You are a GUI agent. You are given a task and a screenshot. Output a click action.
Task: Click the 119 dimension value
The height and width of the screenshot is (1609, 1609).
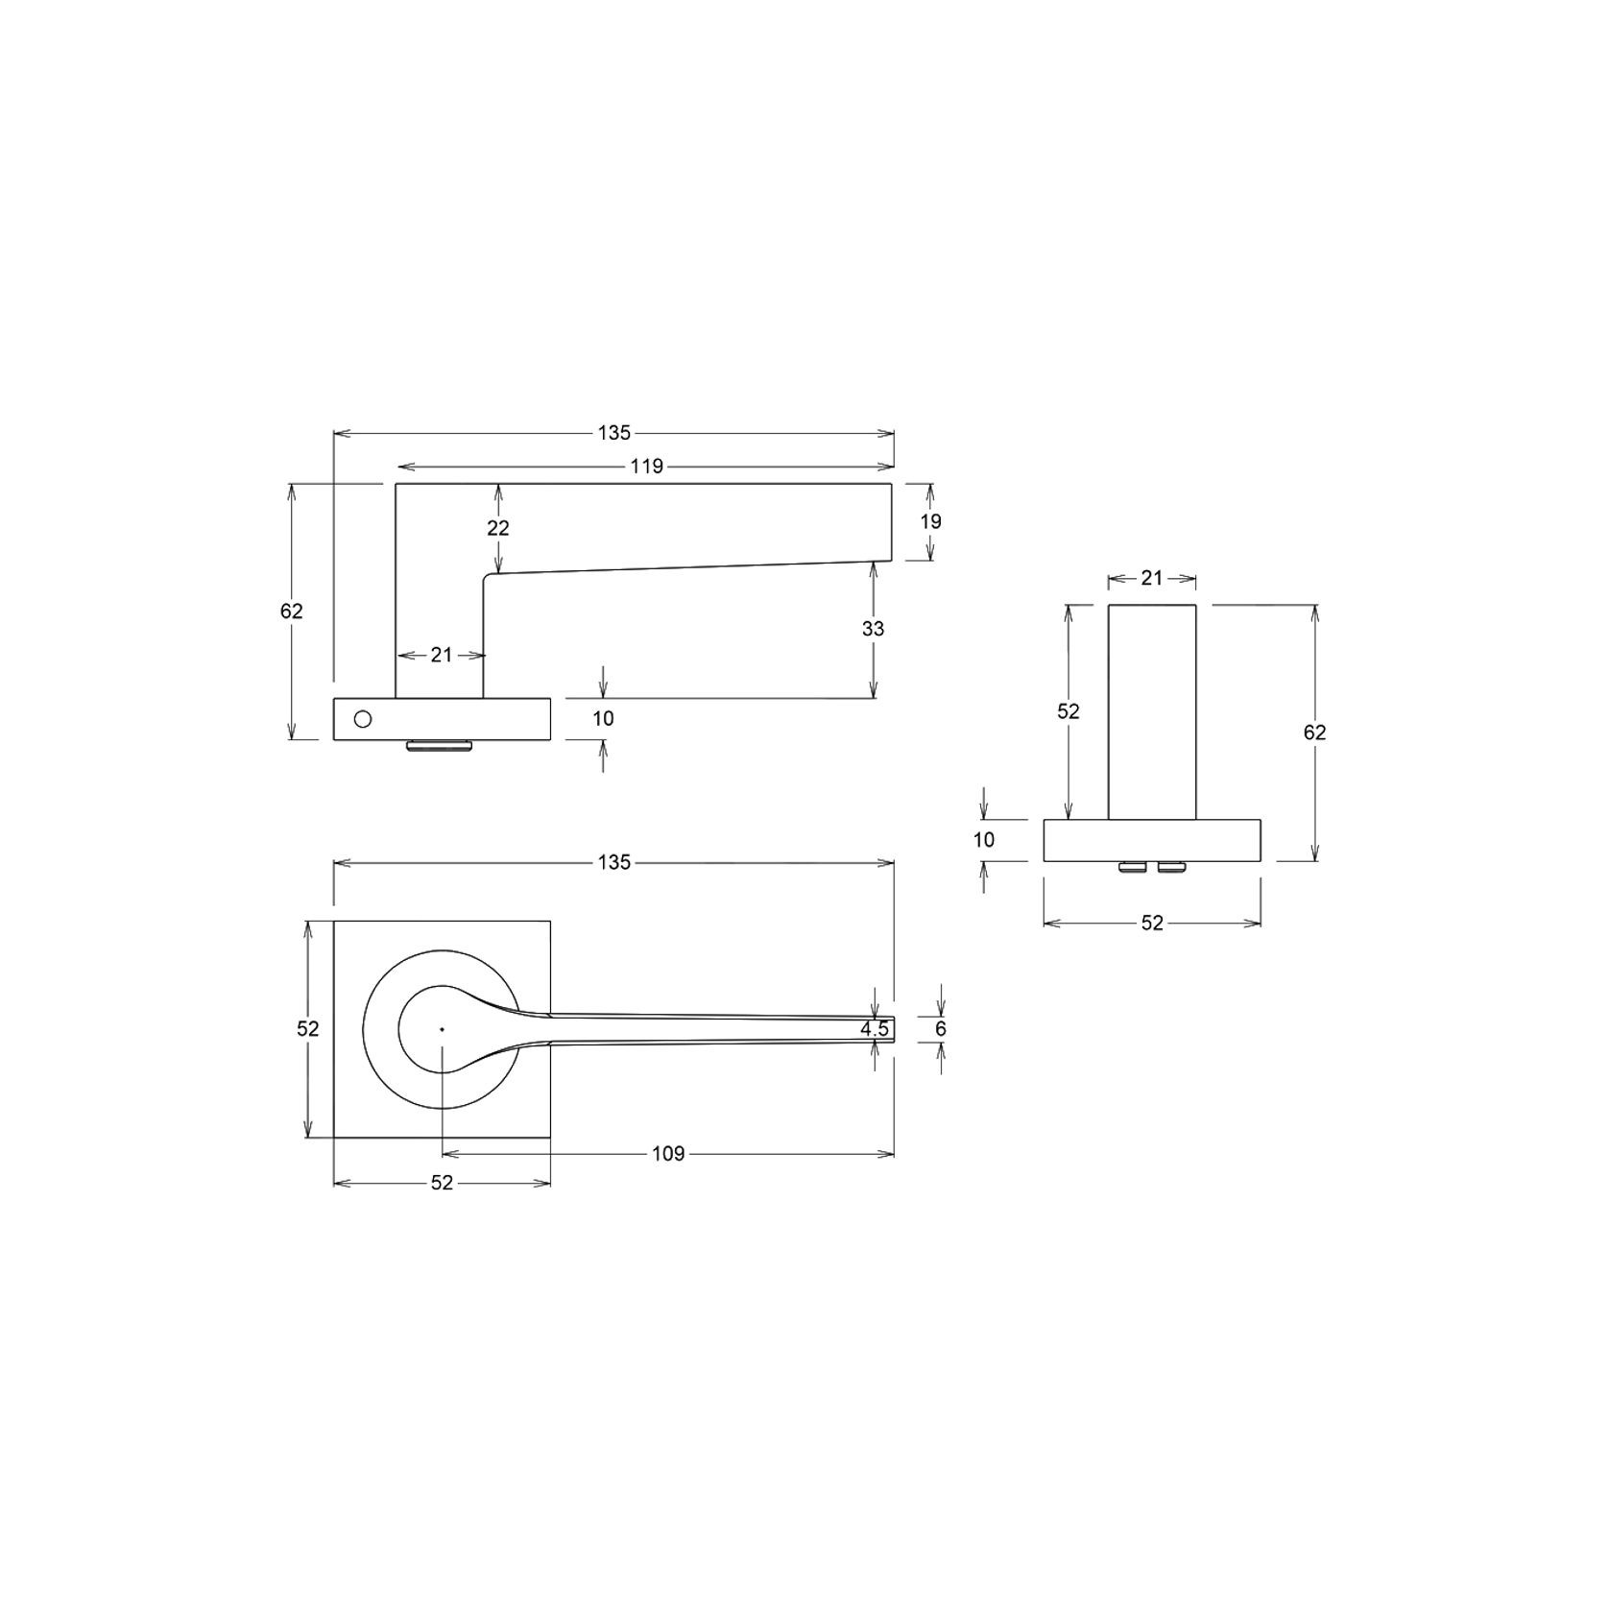pos(647,467)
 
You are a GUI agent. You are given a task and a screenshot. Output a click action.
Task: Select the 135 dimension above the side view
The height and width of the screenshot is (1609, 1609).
pos(613,433)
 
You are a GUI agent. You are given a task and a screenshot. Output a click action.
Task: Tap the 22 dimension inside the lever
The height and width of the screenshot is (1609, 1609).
pos(497,528)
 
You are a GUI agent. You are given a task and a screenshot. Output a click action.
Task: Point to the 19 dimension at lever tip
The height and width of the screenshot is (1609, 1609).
pos(930,521)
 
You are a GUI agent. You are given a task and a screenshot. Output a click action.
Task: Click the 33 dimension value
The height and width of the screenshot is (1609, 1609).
pos(873,629)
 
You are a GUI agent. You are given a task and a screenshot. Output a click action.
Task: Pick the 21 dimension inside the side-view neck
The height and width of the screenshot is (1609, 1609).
pos(441,655)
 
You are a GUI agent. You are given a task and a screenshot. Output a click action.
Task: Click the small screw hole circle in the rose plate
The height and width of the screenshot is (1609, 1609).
pos(362,719)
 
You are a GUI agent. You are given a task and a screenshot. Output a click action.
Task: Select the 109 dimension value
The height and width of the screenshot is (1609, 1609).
pos(668,1153)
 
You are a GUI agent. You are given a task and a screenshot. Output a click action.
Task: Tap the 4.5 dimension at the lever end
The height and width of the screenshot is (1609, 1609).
pos(875,1029)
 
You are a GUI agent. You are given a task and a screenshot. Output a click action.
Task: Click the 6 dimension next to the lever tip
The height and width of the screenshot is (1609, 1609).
pos(941,1029)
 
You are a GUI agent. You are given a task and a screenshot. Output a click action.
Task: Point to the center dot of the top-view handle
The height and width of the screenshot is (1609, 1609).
pos(442,1029)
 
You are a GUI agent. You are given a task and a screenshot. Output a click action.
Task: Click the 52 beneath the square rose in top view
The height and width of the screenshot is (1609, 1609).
pos(441,1183)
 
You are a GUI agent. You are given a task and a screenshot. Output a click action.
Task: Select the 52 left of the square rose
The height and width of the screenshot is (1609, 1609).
pos(307,1029)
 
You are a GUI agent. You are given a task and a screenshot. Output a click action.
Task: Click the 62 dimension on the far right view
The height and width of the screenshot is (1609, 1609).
pos(1314,732)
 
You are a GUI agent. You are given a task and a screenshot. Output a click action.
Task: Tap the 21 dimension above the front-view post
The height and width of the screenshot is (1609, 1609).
pos(1152,578)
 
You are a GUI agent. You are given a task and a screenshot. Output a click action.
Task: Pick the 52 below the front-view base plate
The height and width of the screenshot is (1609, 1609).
pos(1152,923)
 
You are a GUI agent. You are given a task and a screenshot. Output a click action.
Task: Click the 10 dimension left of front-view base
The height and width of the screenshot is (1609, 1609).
pos(984,840)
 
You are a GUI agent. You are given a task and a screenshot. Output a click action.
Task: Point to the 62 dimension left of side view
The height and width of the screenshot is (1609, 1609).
pos(292,611)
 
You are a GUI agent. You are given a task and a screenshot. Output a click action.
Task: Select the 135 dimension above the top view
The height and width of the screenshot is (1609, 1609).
pos(613,862)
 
